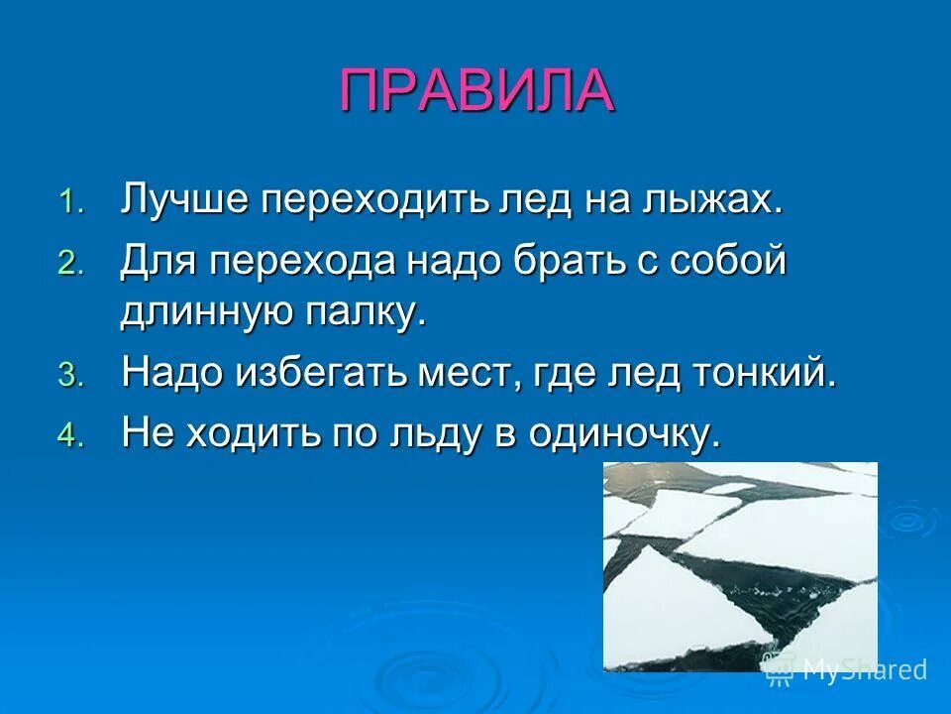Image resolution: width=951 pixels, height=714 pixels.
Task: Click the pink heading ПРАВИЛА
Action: click(476, 91)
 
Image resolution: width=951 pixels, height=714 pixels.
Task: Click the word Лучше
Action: click(184, 200)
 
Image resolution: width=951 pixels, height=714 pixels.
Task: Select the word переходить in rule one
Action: click(375, 200)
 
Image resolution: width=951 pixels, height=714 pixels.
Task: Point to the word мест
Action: click(476, 374)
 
